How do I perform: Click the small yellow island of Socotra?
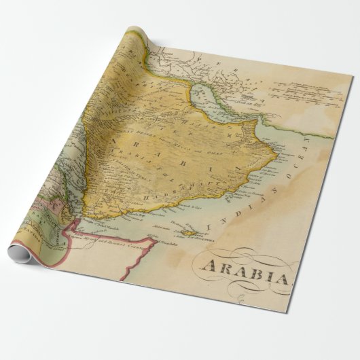[x=183, y=234]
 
